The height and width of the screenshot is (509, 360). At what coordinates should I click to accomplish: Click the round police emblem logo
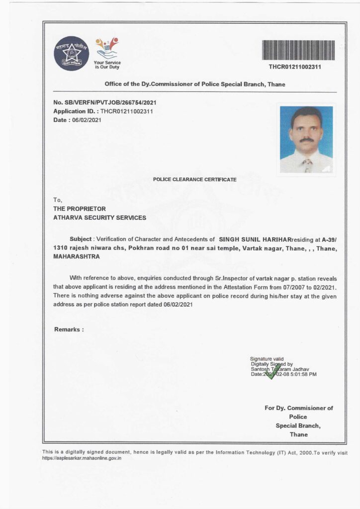click(71, 53)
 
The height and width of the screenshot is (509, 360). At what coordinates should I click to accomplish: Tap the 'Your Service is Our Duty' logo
click(107, 53)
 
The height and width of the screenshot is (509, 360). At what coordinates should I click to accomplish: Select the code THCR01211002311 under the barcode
click(295, 67)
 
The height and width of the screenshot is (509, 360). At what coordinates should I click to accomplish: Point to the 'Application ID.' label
click(76, 111)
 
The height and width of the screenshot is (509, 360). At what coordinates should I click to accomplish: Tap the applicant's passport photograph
click(306, 140)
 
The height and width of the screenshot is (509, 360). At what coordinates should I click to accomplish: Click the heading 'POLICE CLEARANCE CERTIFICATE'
click(194, 179)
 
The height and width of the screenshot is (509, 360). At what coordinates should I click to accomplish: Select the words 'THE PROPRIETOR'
click(80, 209)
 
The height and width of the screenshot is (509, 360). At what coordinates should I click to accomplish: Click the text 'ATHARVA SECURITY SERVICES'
click(99, 218)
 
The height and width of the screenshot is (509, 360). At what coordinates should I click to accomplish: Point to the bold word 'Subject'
click(81, 239)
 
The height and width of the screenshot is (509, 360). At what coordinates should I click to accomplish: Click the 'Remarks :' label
click(69, 329)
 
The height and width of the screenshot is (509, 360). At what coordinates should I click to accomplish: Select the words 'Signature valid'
click(267, 358)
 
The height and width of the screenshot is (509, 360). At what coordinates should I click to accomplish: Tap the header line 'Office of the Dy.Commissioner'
click(194, 84)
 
